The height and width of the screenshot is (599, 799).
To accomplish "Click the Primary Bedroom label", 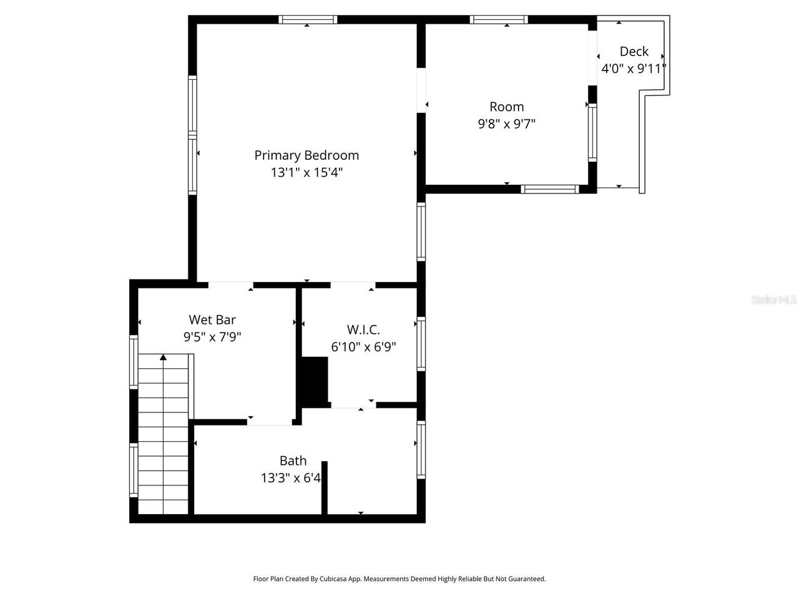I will [306, 155].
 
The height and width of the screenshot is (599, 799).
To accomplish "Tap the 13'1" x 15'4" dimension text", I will [306, 173].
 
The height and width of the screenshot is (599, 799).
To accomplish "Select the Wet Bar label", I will [212, 320].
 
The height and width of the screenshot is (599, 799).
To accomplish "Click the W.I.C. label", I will [363, 329].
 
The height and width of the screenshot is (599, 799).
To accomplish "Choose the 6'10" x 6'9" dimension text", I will [363, 347].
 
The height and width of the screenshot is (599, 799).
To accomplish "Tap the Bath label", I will [293, 461].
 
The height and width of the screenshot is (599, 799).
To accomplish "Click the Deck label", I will [634, 52].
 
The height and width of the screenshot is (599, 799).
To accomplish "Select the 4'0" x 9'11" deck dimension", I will [634, 69].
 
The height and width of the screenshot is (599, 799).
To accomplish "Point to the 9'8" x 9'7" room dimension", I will [506, 124].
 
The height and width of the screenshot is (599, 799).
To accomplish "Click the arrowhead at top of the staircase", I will [163, 358].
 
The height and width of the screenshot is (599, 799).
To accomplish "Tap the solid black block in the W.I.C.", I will [315, 381].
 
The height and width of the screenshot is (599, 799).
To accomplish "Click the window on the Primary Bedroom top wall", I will [308, 19].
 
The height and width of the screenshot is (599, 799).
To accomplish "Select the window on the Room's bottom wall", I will [550, 189].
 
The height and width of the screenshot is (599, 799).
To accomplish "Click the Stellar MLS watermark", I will [774, 300].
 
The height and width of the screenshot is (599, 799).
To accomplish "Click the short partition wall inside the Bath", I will [324, 487].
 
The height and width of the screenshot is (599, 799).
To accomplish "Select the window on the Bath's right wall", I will [421, 450].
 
